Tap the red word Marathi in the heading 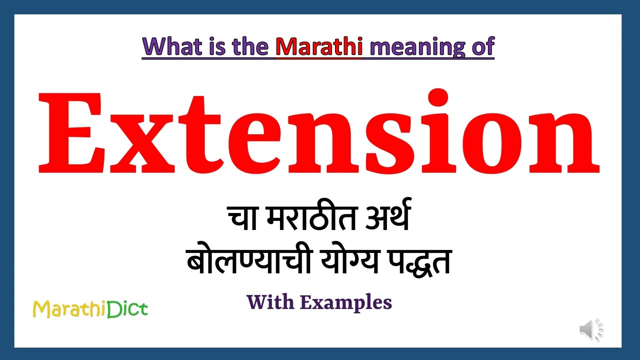(x=319, y=46)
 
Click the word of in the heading (x=482, y=46)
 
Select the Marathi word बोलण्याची (x=243, y=261)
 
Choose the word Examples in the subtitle (x=346, y=302)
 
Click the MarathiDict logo (x=90, y=309)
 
